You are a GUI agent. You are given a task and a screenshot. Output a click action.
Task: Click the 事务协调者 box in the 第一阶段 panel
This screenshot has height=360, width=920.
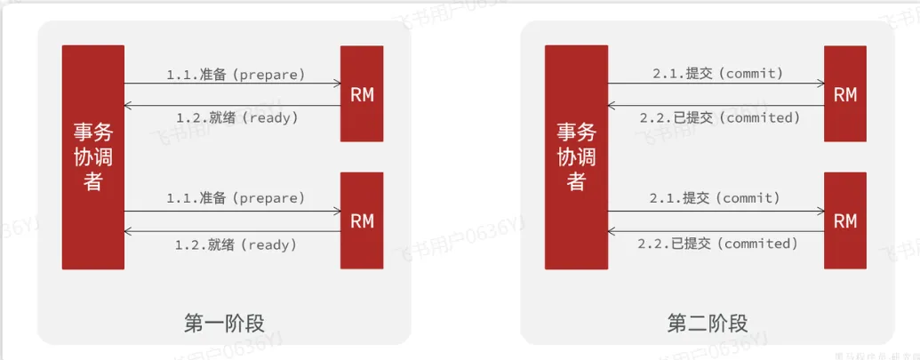[x=92, y=156]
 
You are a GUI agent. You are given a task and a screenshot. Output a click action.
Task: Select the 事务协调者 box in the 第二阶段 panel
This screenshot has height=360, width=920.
[x=575, y=156]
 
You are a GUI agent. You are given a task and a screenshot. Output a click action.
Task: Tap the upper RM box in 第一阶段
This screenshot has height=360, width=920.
[x=362, y=93]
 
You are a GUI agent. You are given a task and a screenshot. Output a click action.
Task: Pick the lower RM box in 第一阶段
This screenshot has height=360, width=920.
[x=362, y=220]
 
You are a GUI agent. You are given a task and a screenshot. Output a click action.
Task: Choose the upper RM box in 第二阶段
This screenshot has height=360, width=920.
[x=845, y=93]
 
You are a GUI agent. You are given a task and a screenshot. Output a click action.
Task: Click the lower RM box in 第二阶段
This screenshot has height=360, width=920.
[x=845, y=220]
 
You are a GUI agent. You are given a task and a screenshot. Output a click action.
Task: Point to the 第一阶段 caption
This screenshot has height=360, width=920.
[x=225, y=323]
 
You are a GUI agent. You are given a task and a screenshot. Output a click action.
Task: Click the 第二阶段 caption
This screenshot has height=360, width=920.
[x=708, y=323]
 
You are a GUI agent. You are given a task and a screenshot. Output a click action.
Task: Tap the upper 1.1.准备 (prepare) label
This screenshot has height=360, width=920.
[x=236, y=75]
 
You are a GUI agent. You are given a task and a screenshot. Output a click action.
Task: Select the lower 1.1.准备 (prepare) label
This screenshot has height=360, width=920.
[x=236, y=197]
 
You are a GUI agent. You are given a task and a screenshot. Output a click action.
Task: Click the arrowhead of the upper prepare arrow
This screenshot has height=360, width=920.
[x=338, y=84]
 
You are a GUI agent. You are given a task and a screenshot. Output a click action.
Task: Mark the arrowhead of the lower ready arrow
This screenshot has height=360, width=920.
[x=128, y=232]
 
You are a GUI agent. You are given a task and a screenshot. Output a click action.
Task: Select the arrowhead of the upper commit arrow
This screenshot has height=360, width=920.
[x=820, y=84]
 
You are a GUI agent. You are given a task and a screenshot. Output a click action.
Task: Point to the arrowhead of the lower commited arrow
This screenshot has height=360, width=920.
[x=611, y=232]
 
